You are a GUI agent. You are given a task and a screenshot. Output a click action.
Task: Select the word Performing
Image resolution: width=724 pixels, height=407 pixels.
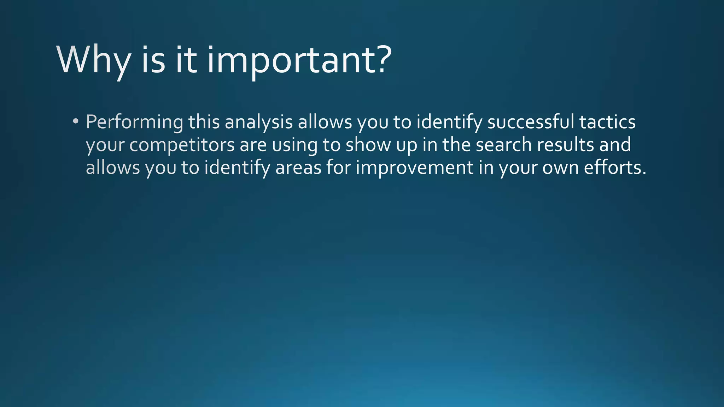pos(134,123)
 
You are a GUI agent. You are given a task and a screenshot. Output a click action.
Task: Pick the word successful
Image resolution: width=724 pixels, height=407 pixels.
pos(531,122)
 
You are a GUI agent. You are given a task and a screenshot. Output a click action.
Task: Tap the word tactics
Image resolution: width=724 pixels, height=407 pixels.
pos(607,122)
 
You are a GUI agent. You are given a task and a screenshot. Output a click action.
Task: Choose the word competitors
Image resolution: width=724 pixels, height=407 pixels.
pos(182,145)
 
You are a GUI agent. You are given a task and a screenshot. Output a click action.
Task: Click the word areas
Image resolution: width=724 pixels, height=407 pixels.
pos(298,168)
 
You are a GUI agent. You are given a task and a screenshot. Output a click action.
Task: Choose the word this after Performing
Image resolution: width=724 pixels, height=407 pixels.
pos(204,122)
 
